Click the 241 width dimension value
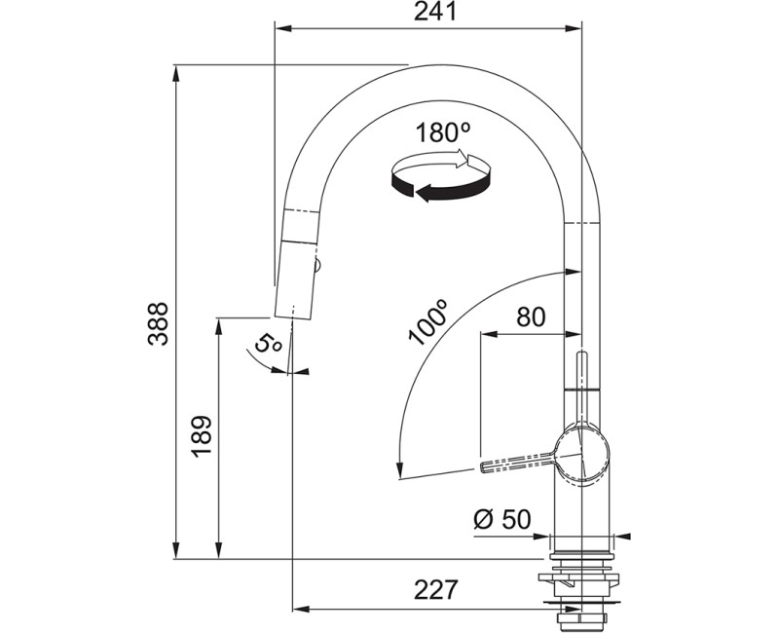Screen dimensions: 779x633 [x=435, y=11]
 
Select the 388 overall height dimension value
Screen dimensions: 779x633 [x=159, y=323]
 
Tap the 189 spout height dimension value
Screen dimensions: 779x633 [x=203, y=436]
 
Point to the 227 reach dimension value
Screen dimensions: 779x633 [x=435, y=589]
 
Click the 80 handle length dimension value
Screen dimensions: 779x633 [x=531, y=316]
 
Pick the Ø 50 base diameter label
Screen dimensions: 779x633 [x=502, y=519]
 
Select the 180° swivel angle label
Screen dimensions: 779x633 [x=443, y=133]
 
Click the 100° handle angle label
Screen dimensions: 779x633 [x=427, y=322]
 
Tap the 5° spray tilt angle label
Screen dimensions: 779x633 [x=267, y=343]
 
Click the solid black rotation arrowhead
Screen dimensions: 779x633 [x=424, y=193]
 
